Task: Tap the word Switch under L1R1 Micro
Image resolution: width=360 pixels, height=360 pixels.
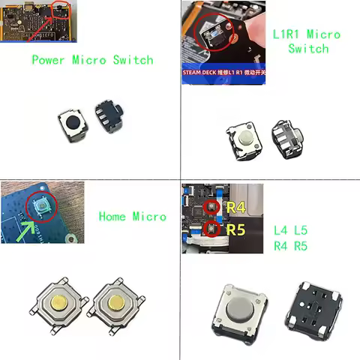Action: pos(308,49)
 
